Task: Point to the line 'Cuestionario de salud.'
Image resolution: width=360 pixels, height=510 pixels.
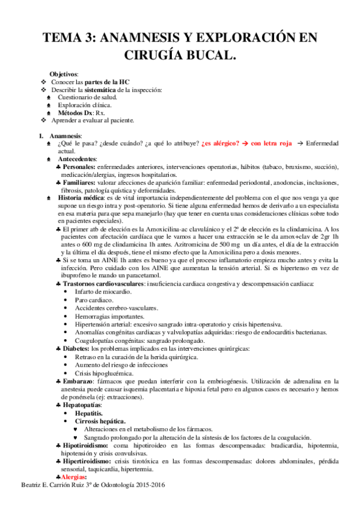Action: coord(87,97)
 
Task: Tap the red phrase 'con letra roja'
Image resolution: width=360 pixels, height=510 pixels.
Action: coord(271,143)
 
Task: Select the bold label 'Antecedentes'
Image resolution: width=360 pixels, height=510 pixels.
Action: coord(78,158)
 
